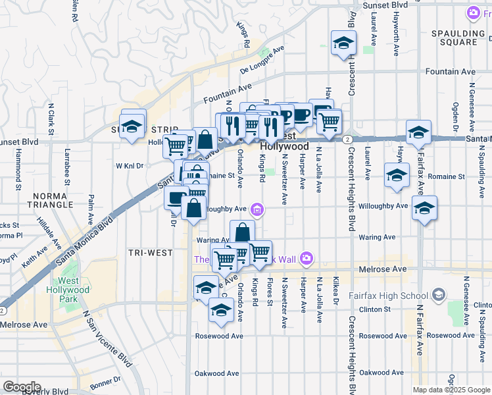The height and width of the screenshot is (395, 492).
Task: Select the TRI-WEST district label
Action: [x=150, y=253]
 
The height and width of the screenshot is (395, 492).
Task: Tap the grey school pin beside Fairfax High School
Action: [x=439, y=294]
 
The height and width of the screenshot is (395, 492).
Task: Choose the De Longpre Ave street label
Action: [x=262, y=58]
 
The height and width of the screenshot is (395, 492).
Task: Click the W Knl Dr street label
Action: [x=130, y=166]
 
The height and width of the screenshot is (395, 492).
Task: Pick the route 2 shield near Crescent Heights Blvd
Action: [x=346, y=138]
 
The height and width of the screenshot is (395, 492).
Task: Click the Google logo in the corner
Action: [x=22, y=387]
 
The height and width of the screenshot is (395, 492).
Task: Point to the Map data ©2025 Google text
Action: [x=451, y=390]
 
